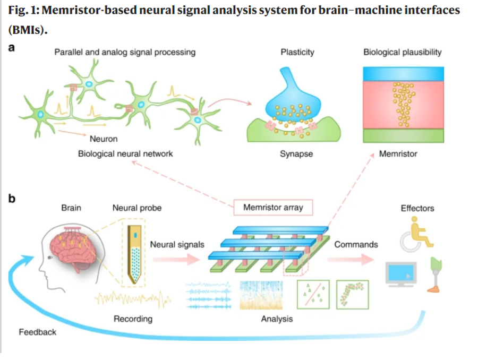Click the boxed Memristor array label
272,208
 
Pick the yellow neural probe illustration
137,251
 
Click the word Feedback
37,332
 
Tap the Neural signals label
177,244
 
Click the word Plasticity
297,52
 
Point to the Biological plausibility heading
402,52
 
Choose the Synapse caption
296,154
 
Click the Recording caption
133,319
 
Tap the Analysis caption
277,319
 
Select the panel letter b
12,199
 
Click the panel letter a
12,48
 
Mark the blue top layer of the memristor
402,74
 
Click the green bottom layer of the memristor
402,135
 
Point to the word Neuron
104,139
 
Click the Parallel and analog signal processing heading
125,52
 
